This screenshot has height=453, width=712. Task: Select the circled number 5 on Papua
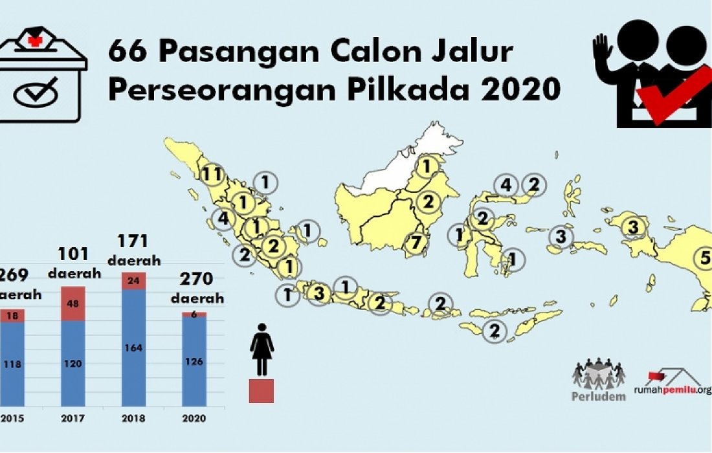point(704,258)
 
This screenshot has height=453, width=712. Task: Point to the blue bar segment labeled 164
point(134,348)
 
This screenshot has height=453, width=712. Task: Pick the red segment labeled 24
point(134,281)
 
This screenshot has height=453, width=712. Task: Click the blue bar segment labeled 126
point(194,360)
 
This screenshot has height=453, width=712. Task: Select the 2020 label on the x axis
point(194,418)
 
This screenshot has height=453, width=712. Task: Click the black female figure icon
point(261,349)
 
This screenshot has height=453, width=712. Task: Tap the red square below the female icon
point(261,391)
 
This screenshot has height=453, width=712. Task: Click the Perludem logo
point(599,381)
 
